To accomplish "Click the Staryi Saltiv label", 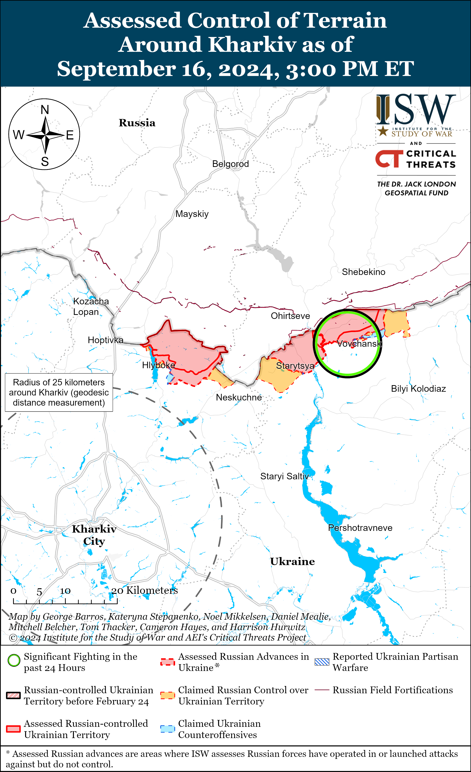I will coord(284,476).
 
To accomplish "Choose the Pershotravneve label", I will coord(360,528).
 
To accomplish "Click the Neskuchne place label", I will coord(239,398).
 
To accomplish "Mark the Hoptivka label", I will coord(105,340).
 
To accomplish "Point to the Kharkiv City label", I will coord(94,535).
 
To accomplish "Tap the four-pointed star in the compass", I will coord(45,135).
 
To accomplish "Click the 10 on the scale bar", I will coord(65,591).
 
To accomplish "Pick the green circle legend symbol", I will coord(14,660).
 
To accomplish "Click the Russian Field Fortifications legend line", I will coord(322,690).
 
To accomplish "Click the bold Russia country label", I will coord(137,123).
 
